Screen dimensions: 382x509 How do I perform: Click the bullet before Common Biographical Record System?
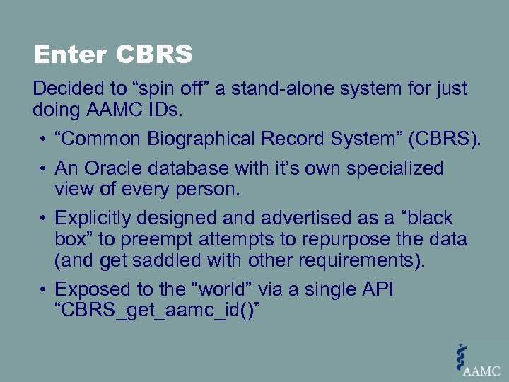tap(44, 140)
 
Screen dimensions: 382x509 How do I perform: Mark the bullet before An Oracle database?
tap(44, 170)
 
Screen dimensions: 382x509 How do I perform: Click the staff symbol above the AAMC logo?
tap(462, 354)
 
